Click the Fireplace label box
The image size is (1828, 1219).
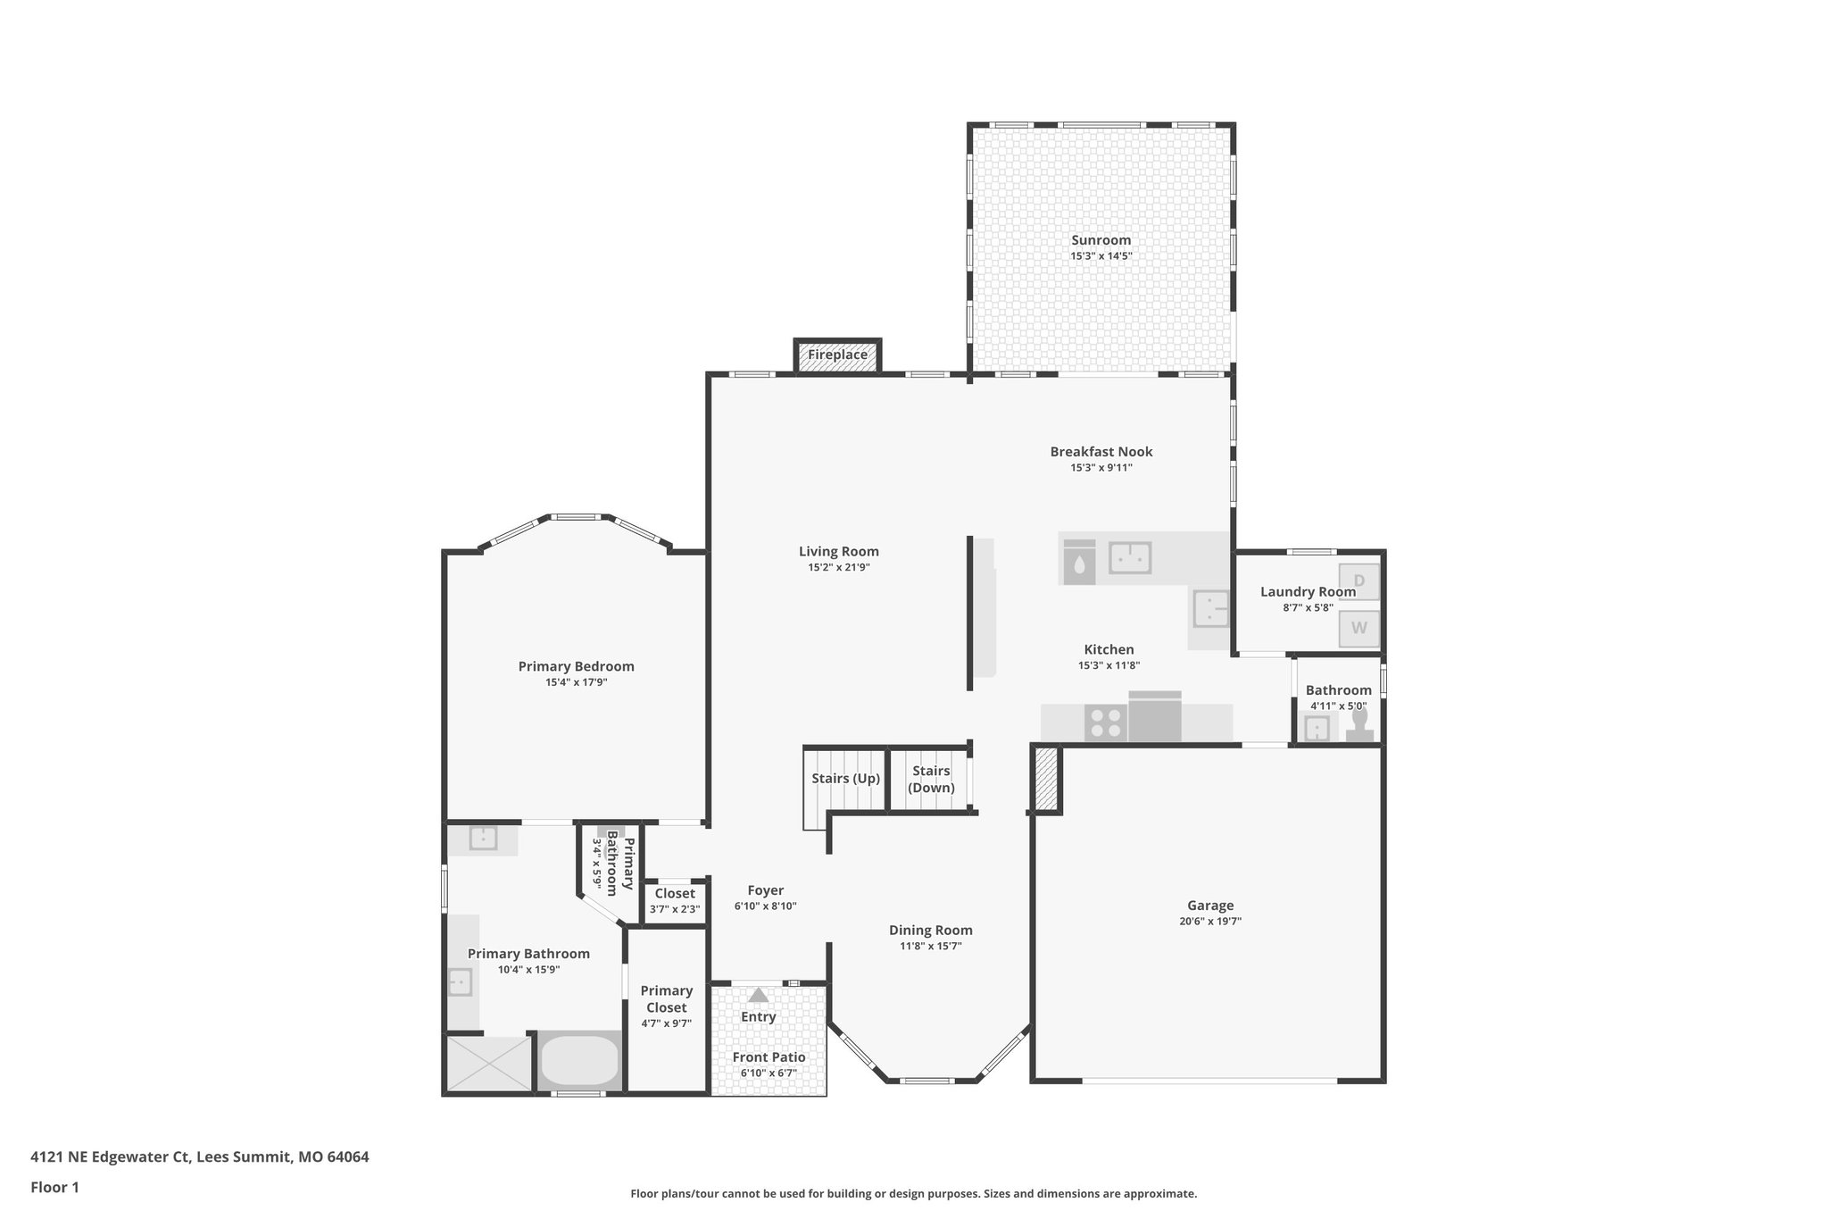837,355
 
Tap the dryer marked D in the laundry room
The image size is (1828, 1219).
1359,581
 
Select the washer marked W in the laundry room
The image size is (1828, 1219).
1359,628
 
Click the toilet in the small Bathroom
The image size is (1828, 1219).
1359,723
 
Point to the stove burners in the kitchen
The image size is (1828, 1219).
1105,722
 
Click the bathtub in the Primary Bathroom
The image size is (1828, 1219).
579,1060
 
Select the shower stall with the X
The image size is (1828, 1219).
488,1063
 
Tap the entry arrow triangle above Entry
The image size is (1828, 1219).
758,994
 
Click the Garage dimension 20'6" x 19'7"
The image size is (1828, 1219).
1209,922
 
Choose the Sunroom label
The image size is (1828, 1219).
1101,240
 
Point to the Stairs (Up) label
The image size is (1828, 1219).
845,779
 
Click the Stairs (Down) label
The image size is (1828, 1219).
931,779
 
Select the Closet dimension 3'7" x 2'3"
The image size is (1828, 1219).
675,909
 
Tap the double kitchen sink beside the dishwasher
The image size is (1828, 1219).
1130,558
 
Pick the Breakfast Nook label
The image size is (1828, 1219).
1101,452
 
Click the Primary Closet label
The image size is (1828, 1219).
666,999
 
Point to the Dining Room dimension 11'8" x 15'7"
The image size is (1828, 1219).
930,947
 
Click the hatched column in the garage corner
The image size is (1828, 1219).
1046,779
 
